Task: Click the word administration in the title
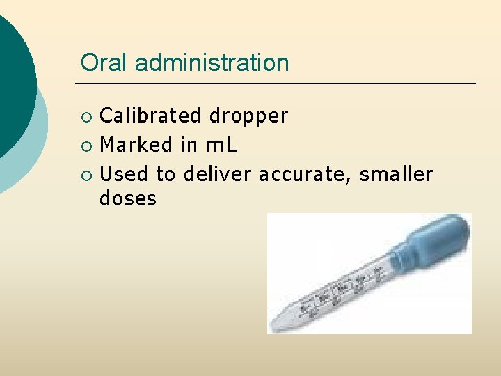[212, 63]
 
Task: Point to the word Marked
[136, 145]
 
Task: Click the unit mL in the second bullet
[222, 145]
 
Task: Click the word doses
[128, 199]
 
